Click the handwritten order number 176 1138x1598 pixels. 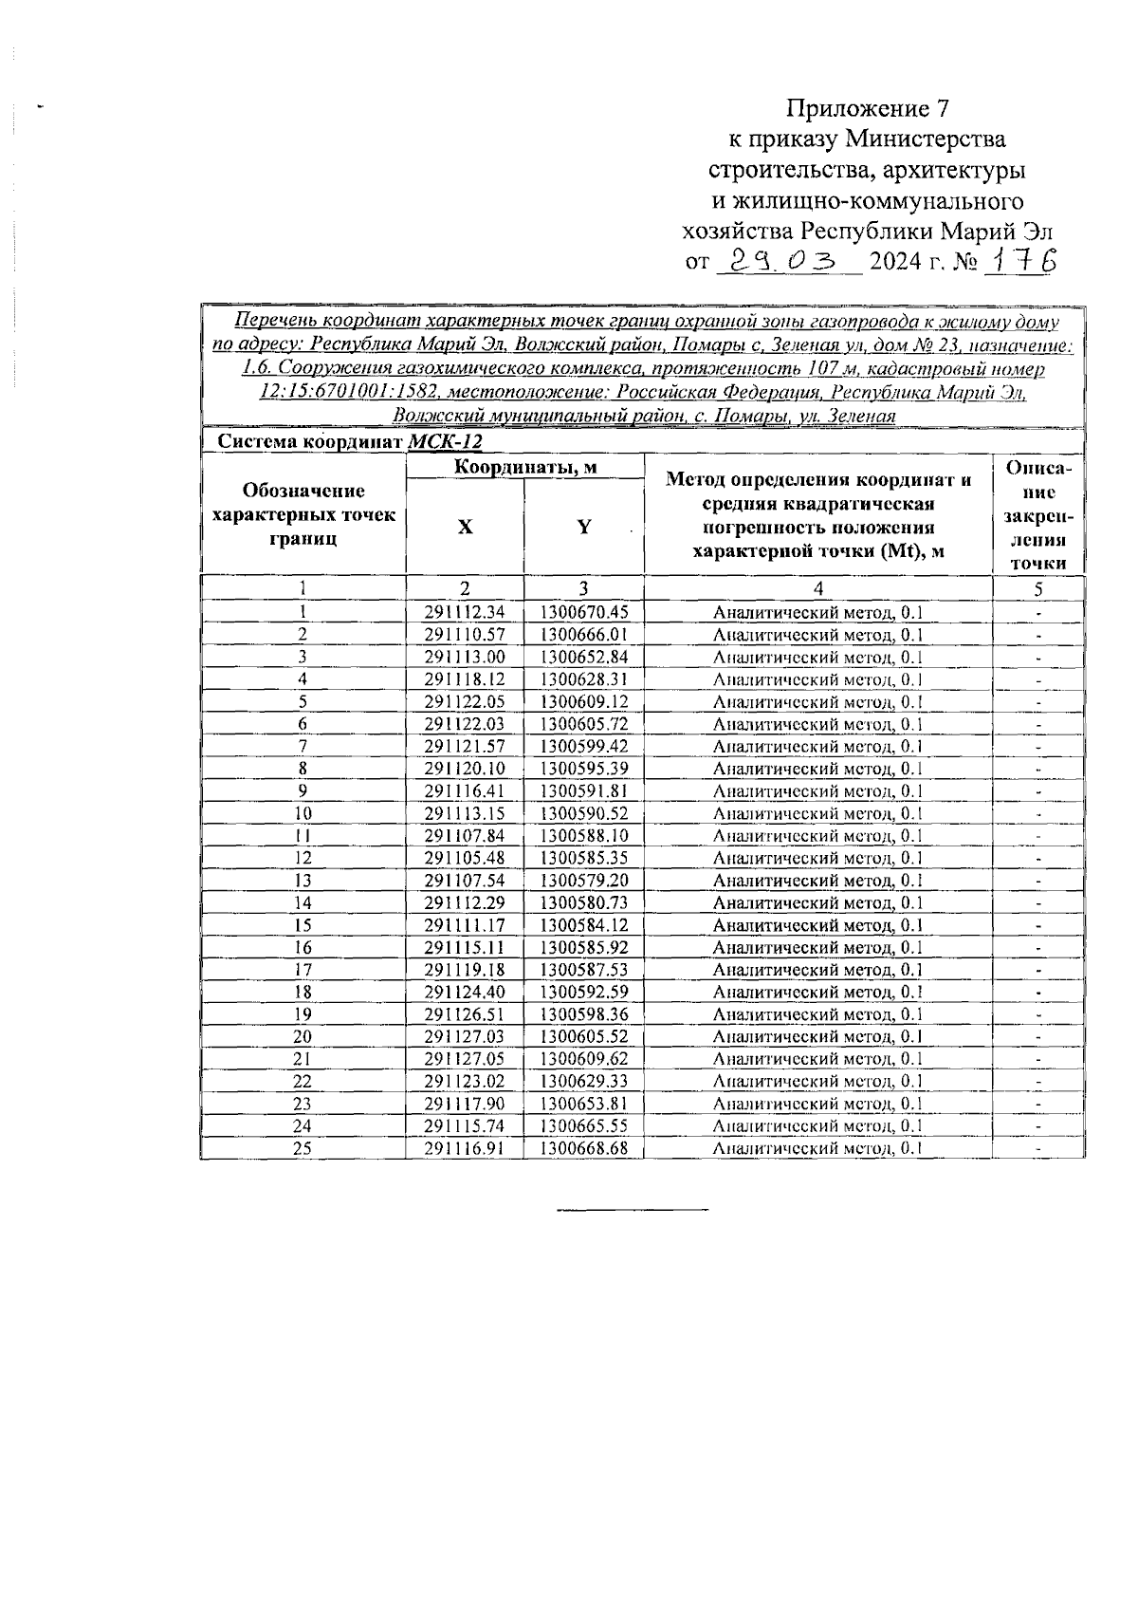(1019, 260)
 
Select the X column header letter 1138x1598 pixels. (465, 528)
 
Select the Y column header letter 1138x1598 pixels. (584, 528)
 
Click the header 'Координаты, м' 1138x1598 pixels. (524, 467)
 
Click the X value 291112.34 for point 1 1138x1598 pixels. (465, 613)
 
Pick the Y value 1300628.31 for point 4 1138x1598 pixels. (584, 679)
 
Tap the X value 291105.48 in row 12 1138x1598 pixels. (465, 858)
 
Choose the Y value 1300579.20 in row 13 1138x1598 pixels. (584, 881)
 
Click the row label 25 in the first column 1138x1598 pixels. (303, 1148)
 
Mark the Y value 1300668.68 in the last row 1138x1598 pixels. (584, 1148)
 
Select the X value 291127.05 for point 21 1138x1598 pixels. (465, 1059)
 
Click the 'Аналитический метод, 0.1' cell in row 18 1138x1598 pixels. (817, 993)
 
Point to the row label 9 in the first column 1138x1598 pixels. (303, 791)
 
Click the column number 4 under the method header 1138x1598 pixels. (817, 588)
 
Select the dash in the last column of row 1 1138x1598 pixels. (1038, 613)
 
